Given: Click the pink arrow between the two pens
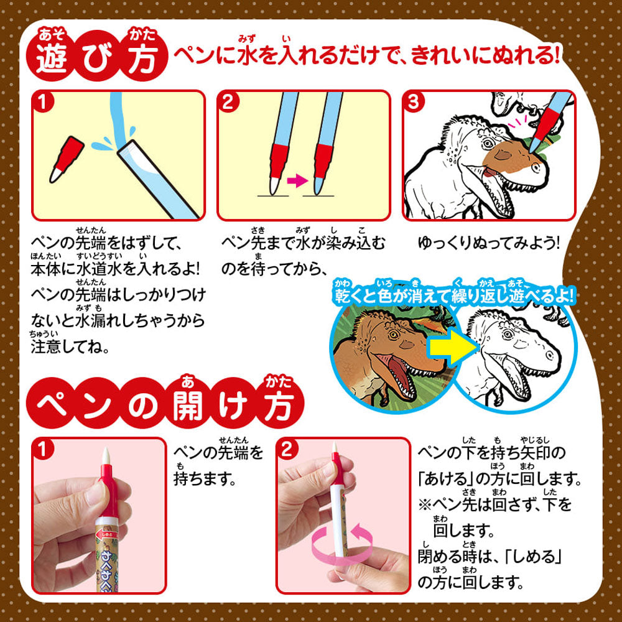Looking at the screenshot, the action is click(x=297, y=181).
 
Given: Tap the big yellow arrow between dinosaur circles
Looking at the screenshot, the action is click(x=452, y=348).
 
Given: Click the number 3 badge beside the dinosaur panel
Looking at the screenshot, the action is click(x=414, y=103).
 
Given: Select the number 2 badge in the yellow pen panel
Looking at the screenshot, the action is click(x=228, y=103).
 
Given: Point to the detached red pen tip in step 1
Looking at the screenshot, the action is click(x=67, y=159).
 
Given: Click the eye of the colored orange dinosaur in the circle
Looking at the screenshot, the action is click(x=393, y=335).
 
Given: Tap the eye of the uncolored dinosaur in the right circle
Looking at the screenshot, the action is click(x=509, y=333).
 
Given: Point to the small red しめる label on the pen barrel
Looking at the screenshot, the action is click(x=108, y=534).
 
